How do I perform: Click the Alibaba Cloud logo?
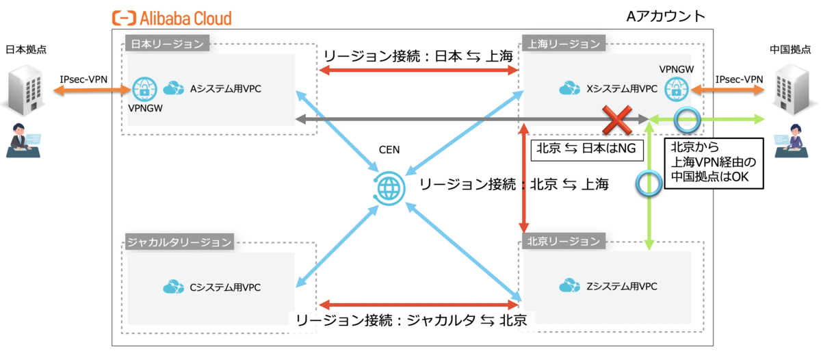click(172, 18)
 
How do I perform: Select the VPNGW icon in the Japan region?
click(144, 89)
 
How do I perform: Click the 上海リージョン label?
click(563, 44)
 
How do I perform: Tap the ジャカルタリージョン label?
click(179, 242)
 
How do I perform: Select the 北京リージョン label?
click(563, 241)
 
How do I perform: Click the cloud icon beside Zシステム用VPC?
click(571, 285)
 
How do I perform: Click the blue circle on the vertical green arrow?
click(648, 183)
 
